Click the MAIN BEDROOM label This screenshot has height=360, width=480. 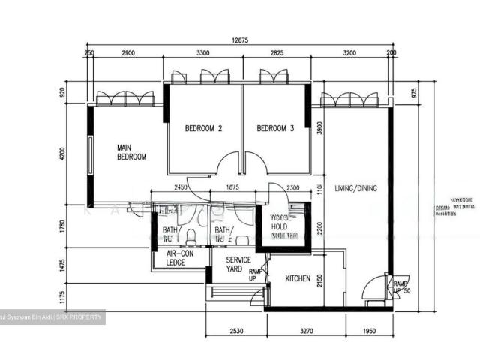tap(130, 152)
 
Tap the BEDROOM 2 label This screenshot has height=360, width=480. tap(203, 128)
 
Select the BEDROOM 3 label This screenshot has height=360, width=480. tap(275, 128)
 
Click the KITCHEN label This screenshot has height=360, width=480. tap(298, 279)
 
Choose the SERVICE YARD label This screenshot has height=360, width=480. tap(238, 264)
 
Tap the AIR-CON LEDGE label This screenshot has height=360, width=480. tap(180, 258)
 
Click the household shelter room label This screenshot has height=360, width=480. tap(285, 225)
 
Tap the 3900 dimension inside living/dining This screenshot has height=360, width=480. tap(319, 128)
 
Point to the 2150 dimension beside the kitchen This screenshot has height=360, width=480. tap(319, 280)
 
